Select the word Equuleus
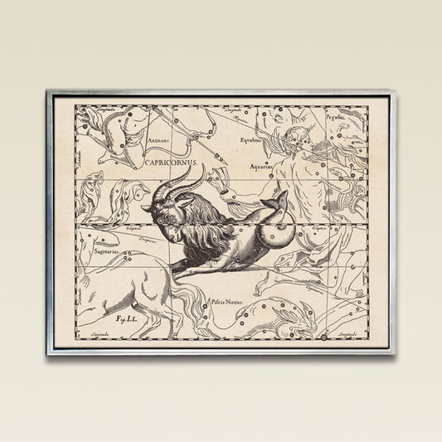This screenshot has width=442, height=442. (250, 140)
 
